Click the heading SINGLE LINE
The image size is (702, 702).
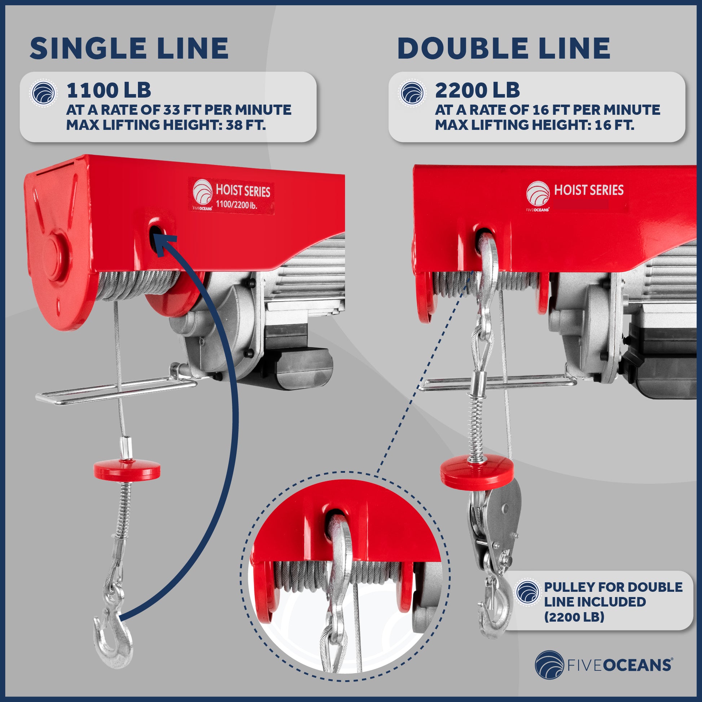(129, 48)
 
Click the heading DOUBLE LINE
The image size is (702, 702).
(504, 48)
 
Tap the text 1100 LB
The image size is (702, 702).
(108, 90)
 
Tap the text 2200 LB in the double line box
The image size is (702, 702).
(477, 90)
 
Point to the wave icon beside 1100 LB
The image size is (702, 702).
(43, 93)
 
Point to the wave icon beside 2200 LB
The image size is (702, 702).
(412, 93)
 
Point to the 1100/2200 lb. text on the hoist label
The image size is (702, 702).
(237, 205)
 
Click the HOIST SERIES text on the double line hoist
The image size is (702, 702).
(589, 190)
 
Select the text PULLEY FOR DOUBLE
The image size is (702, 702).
(613, 587)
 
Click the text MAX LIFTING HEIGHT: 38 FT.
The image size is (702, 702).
(166, 125)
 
